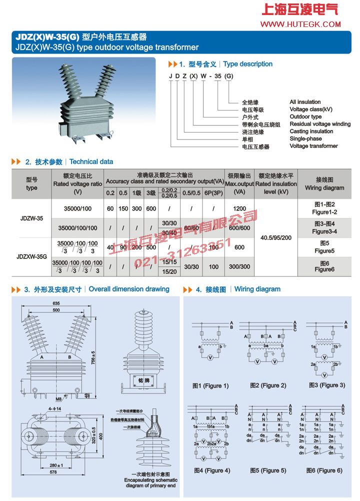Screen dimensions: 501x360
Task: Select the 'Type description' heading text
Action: (247, 64)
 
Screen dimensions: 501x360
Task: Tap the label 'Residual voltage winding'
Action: (320, 124)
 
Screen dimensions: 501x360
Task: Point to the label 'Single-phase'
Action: (306, 138)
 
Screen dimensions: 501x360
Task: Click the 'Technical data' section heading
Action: (91, 161)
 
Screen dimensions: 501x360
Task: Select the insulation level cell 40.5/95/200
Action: (275, 237)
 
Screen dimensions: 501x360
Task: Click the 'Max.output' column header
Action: (239, 183)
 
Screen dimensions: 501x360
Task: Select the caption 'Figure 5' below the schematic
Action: (268, 470)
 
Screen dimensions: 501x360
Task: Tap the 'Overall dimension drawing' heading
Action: (129, 289)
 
